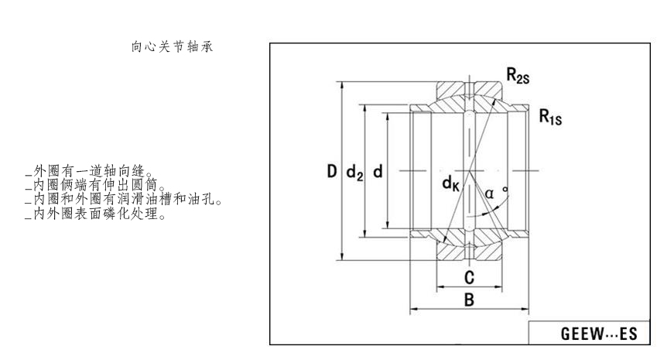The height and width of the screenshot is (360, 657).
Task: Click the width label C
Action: pyautogui.click(x=468, y=276)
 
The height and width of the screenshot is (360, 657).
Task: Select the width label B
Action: pyautogui.click(x=468, y=300)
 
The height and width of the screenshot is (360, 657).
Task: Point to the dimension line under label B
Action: pyautogui.click(x=468, y=309)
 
